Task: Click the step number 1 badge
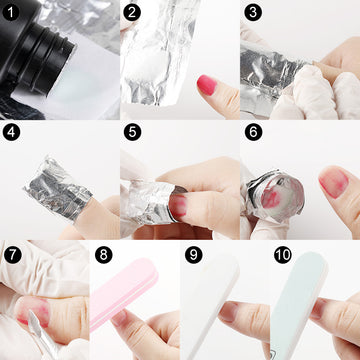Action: point(12,12)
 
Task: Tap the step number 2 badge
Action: point(132,12)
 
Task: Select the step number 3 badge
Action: point(253,12)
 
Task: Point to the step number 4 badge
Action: point(12,132)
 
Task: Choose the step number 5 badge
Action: point(132,132)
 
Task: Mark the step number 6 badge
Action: point(253,132)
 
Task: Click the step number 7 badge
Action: point(13,255)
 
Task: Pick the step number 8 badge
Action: point(104,255)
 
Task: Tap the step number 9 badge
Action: point(194,255)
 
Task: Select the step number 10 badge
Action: point(283,255)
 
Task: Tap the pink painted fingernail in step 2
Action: point(207,85)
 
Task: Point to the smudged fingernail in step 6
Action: point(333,182)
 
